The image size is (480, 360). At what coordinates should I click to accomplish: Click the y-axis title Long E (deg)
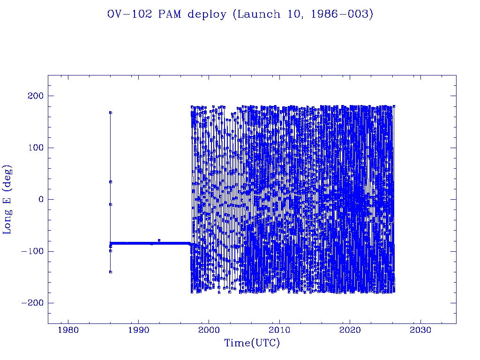click(7, 199)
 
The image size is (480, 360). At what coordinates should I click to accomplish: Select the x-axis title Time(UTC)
click(252, 343)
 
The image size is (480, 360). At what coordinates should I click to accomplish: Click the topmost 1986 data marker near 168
click(111, 112)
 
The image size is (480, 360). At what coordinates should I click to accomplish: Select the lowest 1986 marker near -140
click(111, 272)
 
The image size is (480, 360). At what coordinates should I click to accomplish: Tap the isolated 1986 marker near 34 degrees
click(111, 182)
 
